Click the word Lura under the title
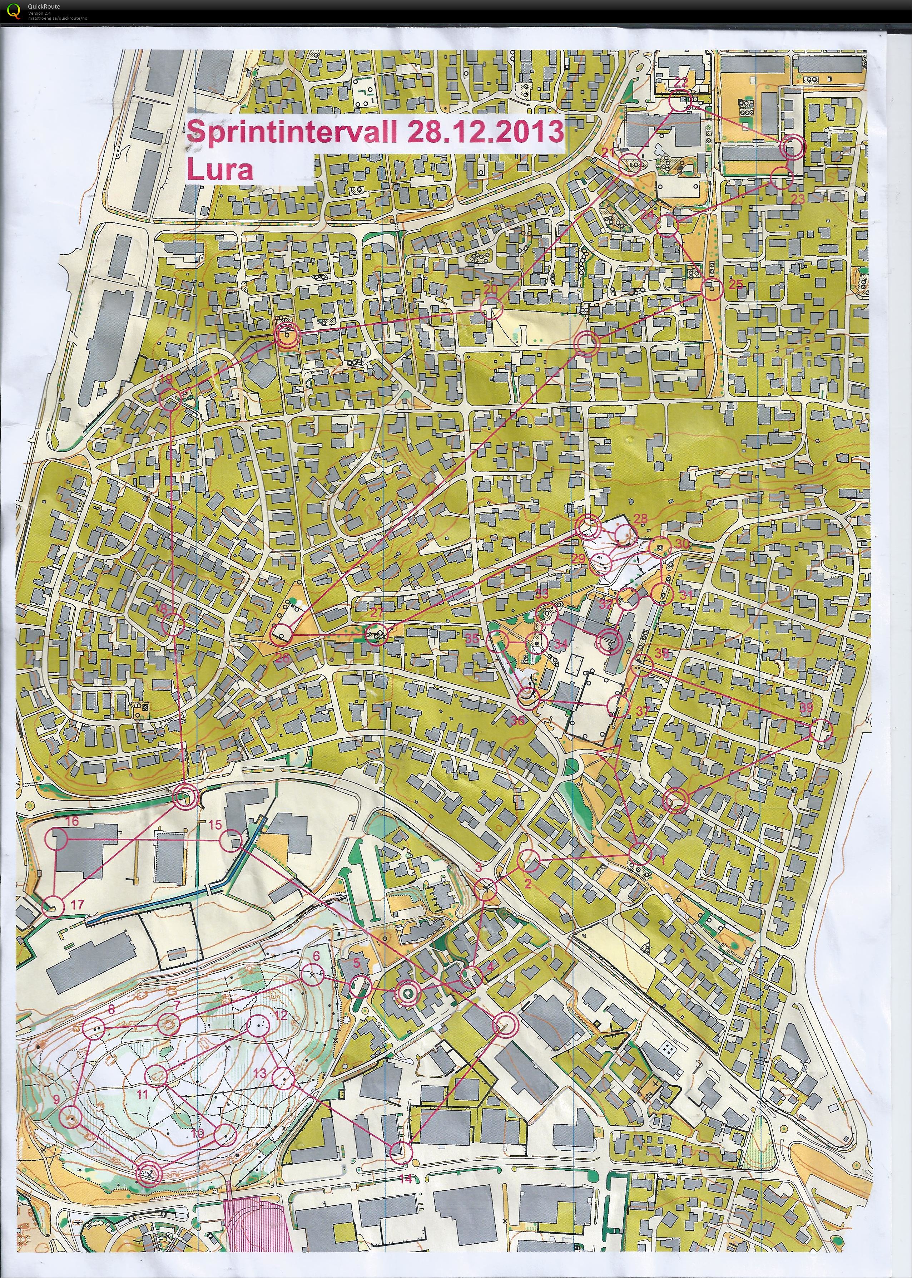tap(220, 169)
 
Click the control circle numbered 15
tap(230, 841)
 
